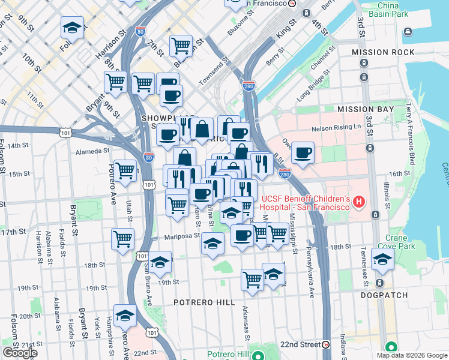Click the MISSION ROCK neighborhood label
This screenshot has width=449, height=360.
coord(384,52)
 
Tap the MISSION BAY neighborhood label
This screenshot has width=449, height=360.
coord(366,109)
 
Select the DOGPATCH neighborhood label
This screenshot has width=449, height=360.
coord(384,295)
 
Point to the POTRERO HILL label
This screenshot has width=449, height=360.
coord(204,302)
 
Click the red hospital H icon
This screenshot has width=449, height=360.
coord(359,202)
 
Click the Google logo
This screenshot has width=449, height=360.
coord(19,353)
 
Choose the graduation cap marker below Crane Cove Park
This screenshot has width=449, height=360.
coord(382,259)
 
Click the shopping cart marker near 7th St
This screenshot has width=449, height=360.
coord(180,45)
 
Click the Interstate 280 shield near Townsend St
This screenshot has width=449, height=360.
coord(249,86)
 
